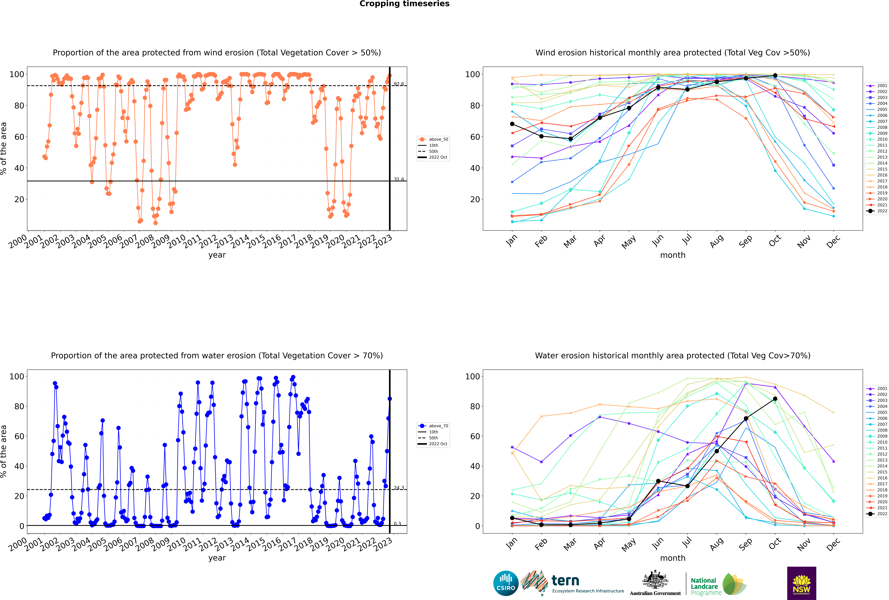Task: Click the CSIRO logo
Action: (x=506, y=583)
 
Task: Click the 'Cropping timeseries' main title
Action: (x=404, y=4)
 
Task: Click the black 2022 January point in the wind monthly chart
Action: (x=512, y=124)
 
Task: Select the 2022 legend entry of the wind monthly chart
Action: (x=876, y=211)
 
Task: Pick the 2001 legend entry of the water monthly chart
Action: (x=876, y=388)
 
